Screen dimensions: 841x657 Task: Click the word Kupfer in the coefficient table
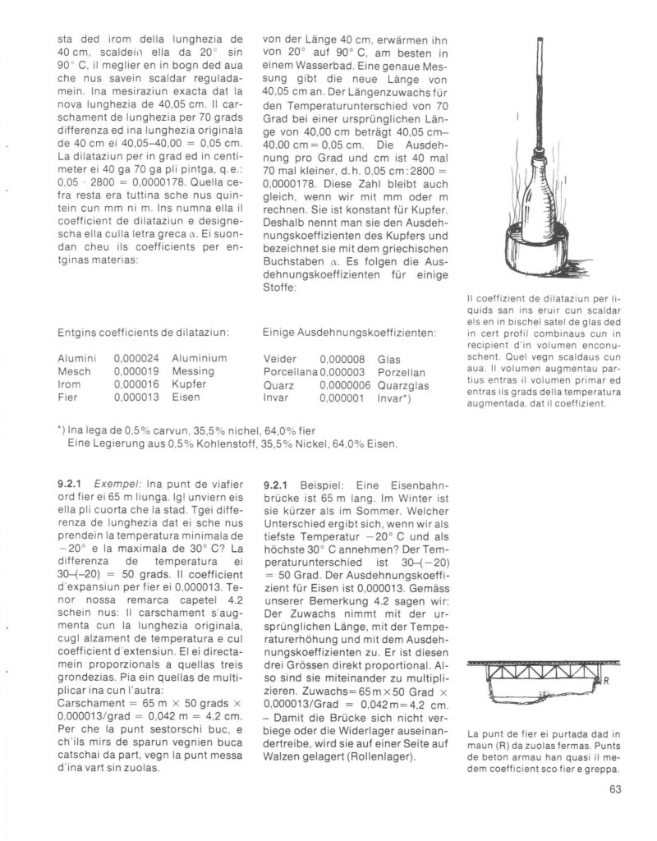pyautogui.click(x=192, y=384)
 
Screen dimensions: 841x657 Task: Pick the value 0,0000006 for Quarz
pyautogui.click(x=345, y=384)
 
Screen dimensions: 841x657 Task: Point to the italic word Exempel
pyautogui.click(x=113, y=485)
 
